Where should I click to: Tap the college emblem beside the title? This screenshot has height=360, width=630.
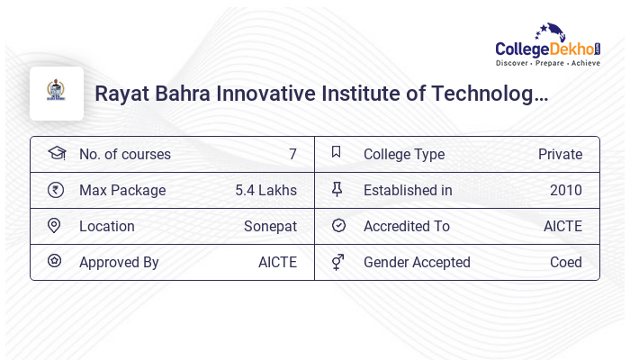[x=57, y=94]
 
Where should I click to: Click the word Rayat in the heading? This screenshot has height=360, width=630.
[x=122, y=94]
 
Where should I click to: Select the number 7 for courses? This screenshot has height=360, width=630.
[x=292, y=154]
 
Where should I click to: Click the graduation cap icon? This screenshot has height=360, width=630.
[x=56, y=153]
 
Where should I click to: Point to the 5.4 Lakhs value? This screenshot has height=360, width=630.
[x=265, y=190]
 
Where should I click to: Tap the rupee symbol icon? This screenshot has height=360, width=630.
[x=56, y=190]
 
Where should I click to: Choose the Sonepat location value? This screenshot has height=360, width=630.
[x=270, y=226]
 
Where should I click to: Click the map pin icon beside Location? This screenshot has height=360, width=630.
[x=55, y=226]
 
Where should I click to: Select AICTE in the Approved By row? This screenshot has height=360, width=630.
[x=277, y=262]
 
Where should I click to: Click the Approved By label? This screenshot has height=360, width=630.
[x=119, y=262]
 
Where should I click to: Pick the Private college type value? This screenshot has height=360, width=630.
[x=560, y=154]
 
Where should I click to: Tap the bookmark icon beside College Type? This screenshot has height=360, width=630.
[x=337, y=153]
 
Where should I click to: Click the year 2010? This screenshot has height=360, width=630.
[x=565, y=190]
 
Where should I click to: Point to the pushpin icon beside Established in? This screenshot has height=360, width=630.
[x=337, y=190]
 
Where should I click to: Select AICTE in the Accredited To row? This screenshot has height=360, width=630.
[x=562, y=226]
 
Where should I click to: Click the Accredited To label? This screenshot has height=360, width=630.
[x=406, y=226]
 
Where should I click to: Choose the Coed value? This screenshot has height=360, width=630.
[x=566, y=262]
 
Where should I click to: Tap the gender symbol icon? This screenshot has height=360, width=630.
[x=337, y=262]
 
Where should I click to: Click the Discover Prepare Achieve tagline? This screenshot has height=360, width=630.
[x=547, y=64]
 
